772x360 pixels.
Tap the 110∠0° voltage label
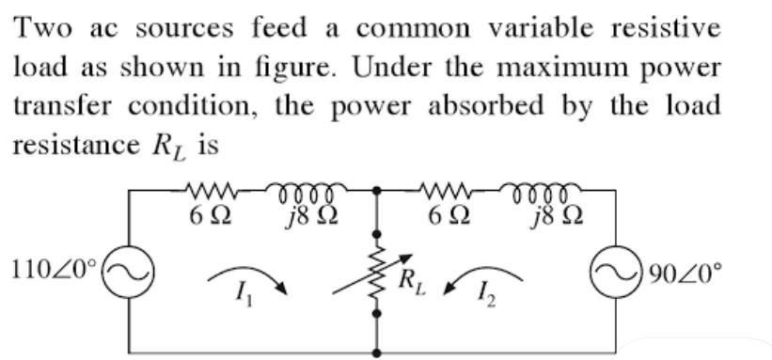point(53,269)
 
